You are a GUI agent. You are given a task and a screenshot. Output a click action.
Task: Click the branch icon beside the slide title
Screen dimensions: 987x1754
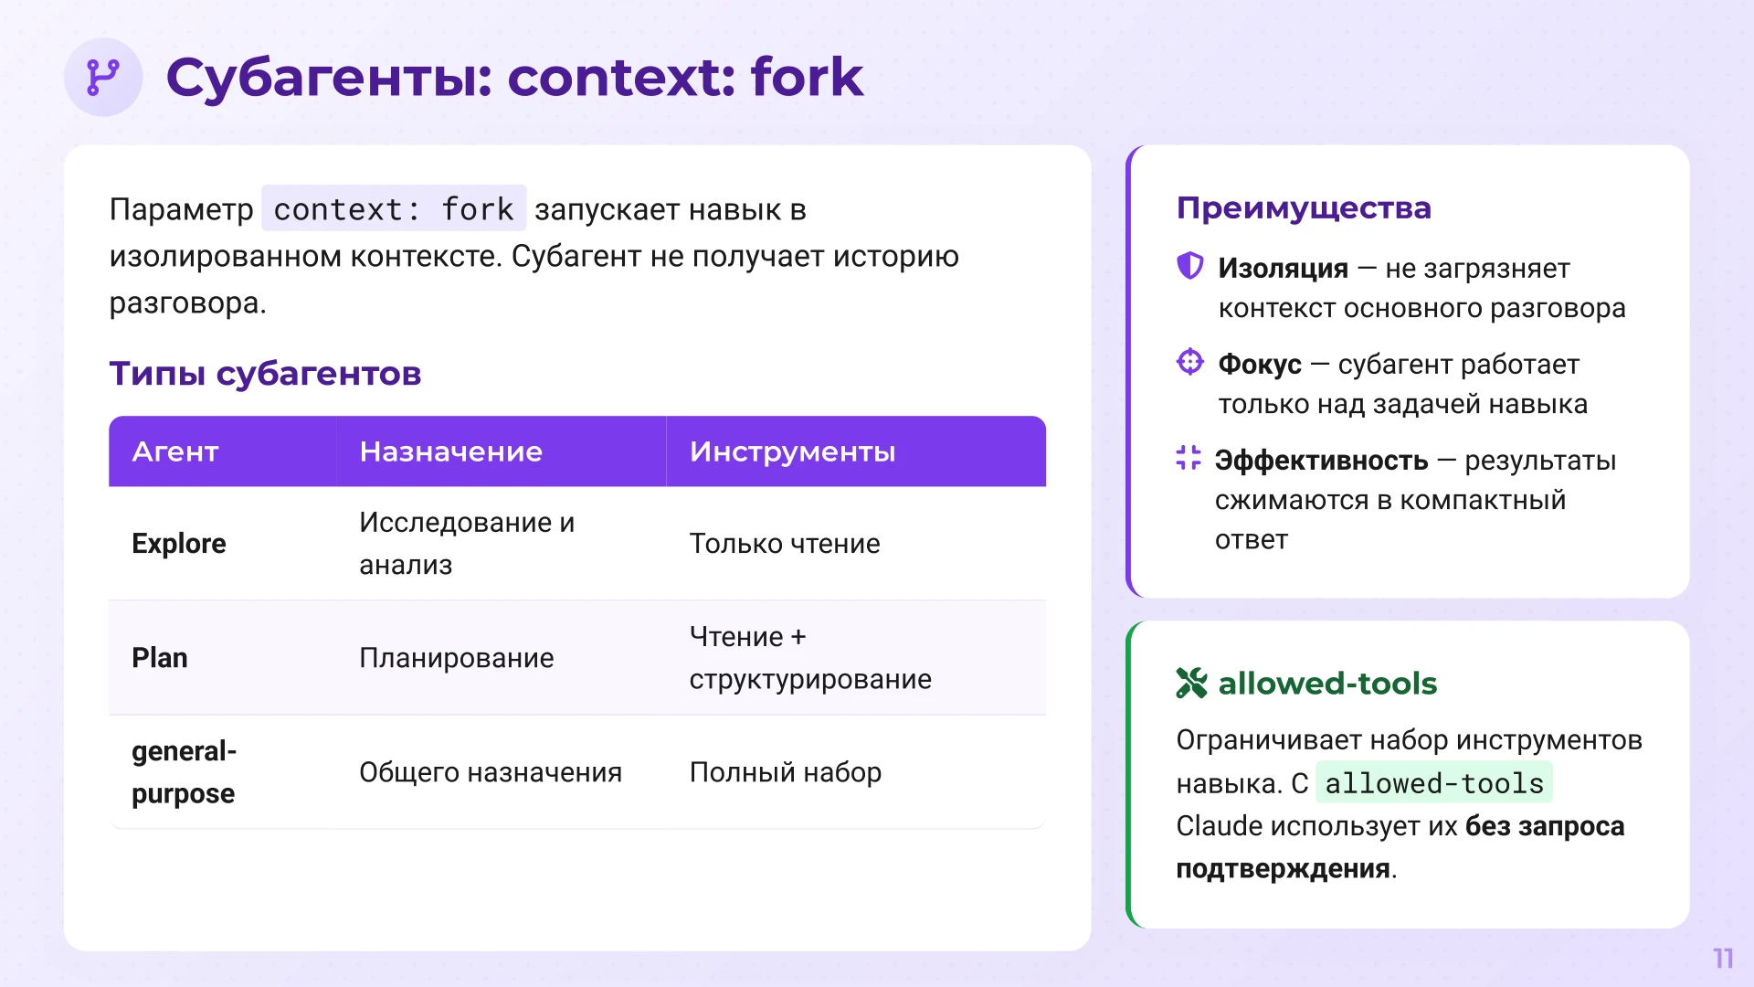[x=102, y=78]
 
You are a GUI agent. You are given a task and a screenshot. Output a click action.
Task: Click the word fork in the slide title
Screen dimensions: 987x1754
[x=806, y=78]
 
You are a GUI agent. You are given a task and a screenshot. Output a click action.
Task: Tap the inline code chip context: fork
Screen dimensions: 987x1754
[x=394, y=209]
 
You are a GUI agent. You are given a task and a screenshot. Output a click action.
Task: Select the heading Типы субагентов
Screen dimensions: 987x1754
[x=265, y=373]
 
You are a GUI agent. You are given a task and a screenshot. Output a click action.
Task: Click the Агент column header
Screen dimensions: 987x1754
[x=175, y=451]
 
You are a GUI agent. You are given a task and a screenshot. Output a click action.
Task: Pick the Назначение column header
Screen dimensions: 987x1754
[x=450, y=451]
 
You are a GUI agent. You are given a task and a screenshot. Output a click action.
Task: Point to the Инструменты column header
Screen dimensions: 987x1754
[x=792, y=451]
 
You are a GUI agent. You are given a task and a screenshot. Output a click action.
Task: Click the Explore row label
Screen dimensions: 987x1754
[x=179, y=544]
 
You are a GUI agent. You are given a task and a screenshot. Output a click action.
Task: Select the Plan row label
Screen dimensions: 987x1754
[x=160, y=658]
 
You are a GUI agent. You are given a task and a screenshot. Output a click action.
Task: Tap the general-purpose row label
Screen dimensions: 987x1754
[x=184, y=772]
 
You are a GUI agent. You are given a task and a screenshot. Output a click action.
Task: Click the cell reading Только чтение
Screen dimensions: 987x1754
[x=785, y=544]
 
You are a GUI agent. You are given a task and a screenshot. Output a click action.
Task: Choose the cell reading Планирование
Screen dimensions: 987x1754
[x=456, y=658]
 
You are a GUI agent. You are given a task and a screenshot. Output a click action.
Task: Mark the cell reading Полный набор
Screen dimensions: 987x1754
[x=785, y=772]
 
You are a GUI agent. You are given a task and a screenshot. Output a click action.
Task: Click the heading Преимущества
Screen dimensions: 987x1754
[x=1304, y=208]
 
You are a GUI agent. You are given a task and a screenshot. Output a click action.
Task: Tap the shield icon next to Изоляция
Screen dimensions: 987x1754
[x=1189, y=266]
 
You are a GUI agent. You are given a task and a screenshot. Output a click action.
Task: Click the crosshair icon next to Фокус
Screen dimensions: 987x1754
[x=1189, y=362]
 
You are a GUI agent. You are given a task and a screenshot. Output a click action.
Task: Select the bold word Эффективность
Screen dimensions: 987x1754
[x=1321, y=461]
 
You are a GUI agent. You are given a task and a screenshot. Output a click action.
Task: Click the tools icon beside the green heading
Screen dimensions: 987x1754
[x=1191, y=683]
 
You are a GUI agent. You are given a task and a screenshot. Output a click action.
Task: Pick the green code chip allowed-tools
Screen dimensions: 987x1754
[x=1433, y=783]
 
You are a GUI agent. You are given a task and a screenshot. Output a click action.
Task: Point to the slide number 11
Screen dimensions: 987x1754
[x=1723, y=958]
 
